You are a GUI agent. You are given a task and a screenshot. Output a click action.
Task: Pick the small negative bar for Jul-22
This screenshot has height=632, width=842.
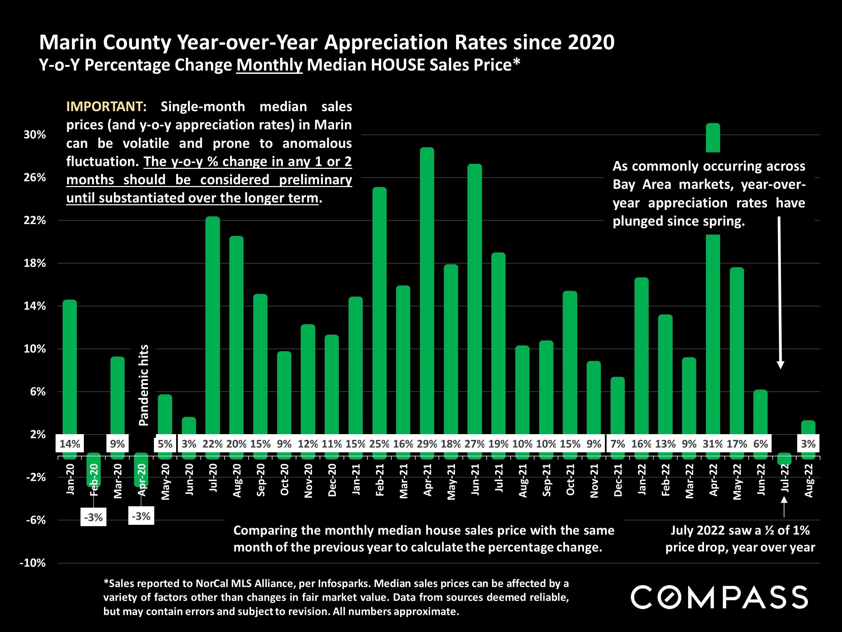coord(784,459)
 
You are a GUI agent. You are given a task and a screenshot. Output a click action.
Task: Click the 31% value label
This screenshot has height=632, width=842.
coord(713,444)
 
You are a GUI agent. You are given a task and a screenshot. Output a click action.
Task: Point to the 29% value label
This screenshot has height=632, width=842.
coord(427,444)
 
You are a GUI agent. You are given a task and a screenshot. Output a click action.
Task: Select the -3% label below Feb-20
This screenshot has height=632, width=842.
coord(93,517)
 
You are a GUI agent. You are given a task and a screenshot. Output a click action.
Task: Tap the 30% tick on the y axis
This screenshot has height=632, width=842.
coord(35,134)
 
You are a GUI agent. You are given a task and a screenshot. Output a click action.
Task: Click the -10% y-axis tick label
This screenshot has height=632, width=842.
coord(33,563)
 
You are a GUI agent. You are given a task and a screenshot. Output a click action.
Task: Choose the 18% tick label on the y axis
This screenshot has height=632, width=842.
coord(35,263)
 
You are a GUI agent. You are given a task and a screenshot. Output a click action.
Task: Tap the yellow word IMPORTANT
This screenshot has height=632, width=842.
coord(104,107)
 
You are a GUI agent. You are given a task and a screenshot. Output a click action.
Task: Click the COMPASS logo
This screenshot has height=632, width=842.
coord(719,597)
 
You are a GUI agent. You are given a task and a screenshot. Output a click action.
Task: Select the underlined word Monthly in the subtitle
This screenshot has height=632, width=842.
coord(269,65)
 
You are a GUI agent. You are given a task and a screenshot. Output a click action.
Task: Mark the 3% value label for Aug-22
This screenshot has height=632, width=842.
coord(808,444)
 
